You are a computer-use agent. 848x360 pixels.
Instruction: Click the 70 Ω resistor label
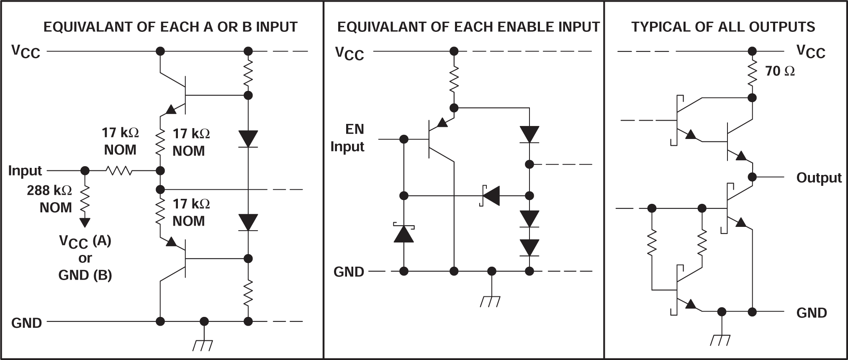coord(780,71)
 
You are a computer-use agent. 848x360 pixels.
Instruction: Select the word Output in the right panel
coord(818,178)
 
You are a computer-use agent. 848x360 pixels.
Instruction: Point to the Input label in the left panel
coord(25,171)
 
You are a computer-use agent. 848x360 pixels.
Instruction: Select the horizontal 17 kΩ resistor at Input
coord(120,171)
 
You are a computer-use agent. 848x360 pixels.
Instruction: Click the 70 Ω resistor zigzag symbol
coord(752,75)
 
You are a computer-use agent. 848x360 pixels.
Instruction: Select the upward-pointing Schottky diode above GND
coord(404,234)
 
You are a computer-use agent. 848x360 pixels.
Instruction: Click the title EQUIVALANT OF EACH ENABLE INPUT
coord(468,27)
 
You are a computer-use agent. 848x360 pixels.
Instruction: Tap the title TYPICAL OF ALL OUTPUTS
coord(723,27)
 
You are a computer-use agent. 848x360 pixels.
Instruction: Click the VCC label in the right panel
coord(811,52)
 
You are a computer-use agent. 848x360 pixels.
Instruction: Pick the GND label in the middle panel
coord(349,272)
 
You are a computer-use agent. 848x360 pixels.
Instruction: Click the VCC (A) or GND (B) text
coord(85,258)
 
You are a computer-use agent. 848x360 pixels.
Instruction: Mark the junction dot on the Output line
coord(752,177)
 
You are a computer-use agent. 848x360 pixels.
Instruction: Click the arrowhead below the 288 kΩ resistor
coord(85,222)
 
